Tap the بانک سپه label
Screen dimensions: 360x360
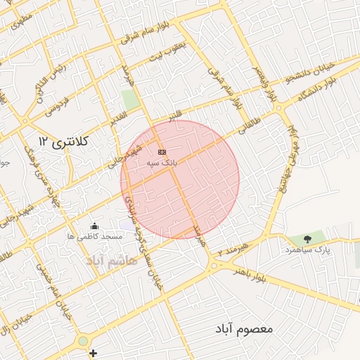coord(162,162)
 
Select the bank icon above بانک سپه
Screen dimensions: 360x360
coord(162,152)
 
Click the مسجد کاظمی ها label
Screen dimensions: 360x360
coord(96,237)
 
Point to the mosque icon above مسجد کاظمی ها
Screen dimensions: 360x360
coord(95,226)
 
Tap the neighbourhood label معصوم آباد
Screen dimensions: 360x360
coord(245,329)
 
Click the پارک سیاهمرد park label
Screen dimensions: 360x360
coord(307,250)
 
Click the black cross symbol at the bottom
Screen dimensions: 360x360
coord(93,353)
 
